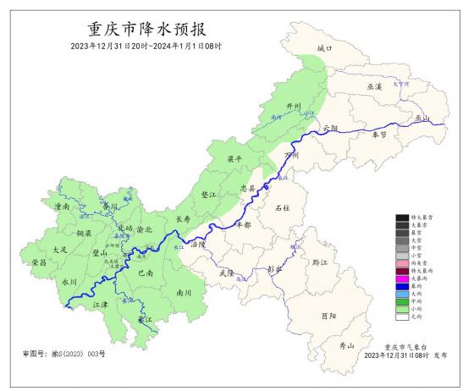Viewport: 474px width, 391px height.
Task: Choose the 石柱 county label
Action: pyautogui.click(x=284, y=207)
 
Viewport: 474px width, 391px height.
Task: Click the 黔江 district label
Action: pyautogui.click(x=319, y=263)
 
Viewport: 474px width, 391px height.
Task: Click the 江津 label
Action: pyautogui.click(x=100, y=304)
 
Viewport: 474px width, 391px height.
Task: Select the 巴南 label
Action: pyautogui.click(x=144, y=273)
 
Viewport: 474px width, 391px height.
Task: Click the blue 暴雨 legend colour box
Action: pyautogui.click(x=401, y=285)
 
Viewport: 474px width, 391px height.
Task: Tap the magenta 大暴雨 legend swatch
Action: pyautogui.click(x=401, y=277)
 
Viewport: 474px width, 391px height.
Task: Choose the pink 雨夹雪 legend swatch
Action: pyautogui.click(x=401, y=262)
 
